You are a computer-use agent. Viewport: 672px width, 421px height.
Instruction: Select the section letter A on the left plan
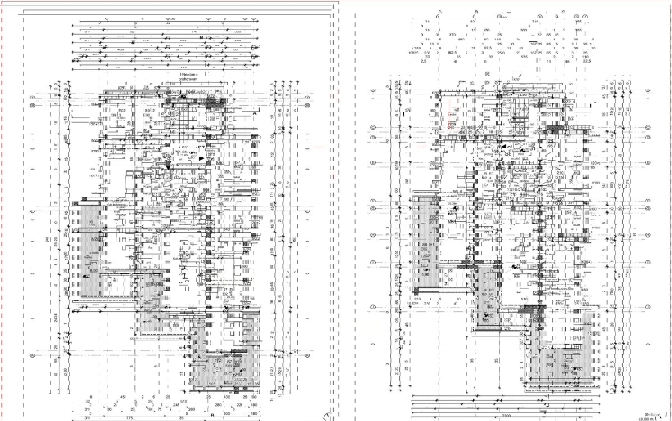coord(255,113)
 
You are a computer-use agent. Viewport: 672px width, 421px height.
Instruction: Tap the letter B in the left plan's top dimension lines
coord(201,38)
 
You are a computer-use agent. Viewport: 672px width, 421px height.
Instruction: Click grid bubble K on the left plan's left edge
coord(32,354)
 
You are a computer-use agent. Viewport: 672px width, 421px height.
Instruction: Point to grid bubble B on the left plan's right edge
coord(307,105)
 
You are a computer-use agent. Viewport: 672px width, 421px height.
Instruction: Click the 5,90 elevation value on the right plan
coord(425,274)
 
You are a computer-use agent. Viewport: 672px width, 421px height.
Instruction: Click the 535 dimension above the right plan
coord(524,57)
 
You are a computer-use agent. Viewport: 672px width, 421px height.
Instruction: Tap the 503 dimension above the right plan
coord(524,31)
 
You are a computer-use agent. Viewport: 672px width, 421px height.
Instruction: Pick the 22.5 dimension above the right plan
coord(587,62)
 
